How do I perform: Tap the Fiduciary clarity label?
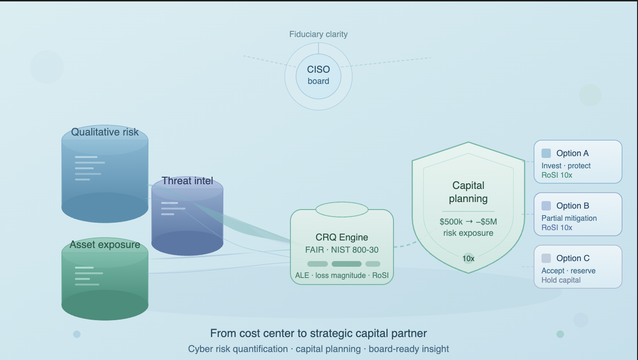(319, 34)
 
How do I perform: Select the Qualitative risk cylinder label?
(105, 132)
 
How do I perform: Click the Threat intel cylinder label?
(187, 181)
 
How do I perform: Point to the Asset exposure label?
(105, 245)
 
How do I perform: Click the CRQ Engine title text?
(342, 237)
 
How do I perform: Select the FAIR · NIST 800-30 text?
(342, 250)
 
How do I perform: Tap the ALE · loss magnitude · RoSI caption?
(342, 275)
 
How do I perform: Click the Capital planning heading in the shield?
(468, 192)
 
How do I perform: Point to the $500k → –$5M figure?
(468, 222)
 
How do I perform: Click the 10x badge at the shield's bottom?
(468, 258)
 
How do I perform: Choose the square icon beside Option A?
(546, 153)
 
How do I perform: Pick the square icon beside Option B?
(546, 206)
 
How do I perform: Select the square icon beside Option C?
(546, 258)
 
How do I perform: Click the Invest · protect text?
(566, 166)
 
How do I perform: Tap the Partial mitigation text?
(569, 218)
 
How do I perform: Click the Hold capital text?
(561, 280)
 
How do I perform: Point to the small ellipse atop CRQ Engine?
(342, 210)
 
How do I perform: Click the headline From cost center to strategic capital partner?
(319, 333)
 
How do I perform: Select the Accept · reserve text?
(569, 271)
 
